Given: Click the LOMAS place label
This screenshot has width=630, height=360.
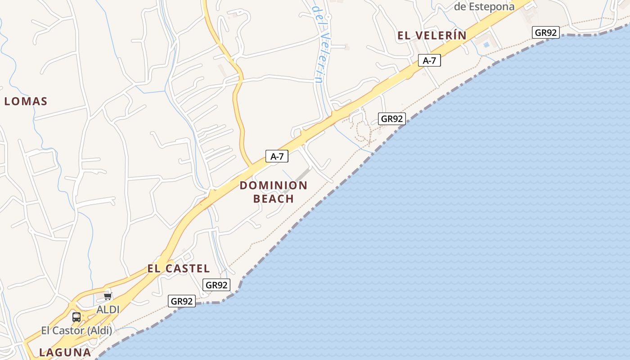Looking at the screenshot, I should point(26,101).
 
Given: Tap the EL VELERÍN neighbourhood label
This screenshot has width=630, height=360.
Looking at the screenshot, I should point(432,36).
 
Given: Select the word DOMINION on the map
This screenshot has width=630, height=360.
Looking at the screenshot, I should point(273,185).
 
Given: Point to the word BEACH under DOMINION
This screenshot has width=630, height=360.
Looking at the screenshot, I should point(273,198).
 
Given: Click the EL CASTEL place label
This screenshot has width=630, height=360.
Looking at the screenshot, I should point(179,269).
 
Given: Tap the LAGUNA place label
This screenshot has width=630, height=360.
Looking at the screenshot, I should point(65,352).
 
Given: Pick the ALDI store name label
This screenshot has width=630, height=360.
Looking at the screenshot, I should point(108,310).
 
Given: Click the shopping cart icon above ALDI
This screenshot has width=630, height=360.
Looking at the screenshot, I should point(108,296).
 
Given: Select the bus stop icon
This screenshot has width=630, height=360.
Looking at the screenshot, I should point(76,317).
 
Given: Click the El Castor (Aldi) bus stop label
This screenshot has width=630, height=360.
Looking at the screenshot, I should point(76,331).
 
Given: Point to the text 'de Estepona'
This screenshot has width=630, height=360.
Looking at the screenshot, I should point(484,7).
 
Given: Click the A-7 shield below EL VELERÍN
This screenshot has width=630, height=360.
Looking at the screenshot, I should point(429,60).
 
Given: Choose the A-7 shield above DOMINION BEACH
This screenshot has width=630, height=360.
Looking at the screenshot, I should point(277,156).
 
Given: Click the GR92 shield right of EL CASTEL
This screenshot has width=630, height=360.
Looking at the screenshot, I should point(216,285).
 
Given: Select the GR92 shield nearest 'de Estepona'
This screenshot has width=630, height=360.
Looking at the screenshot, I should point(545,32).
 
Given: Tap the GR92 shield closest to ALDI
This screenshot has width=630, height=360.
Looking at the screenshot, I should point(182,301).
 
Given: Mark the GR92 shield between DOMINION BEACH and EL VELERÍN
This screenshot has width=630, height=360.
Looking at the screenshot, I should point(391,119).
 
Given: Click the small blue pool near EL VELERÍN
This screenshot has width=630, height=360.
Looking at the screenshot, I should point(486,45).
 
